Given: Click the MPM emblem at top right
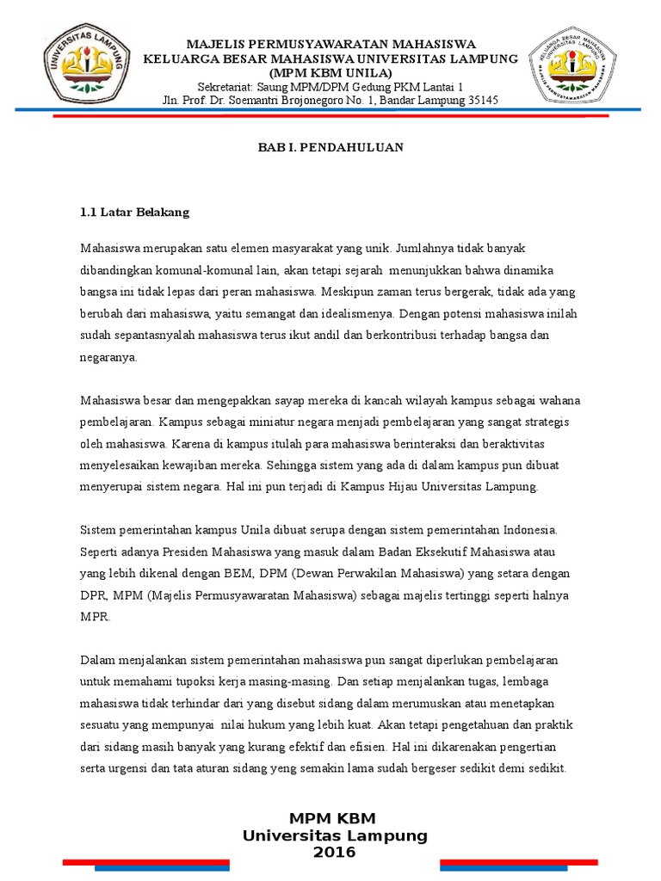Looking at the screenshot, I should (571, 66).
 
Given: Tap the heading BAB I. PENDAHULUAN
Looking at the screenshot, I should (331, 147).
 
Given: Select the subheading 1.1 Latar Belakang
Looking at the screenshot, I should (134, 211).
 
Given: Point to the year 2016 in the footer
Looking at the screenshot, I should (334, 852).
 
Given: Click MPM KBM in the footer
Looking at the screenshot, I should (332, 817).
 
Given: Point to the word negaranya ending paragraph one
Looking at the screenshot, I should (108, 357).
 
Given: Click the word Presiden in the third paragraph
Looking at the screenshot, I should (185, 551).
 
